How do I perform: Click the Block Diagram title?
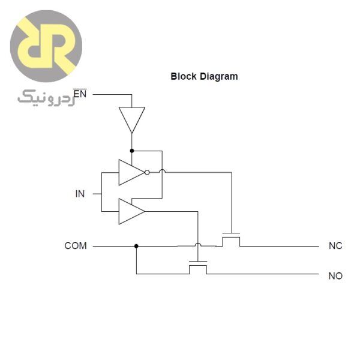204,76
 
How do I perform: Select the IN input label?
80,193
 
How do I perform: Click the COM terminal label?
76,245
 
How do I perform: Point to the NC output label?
335,245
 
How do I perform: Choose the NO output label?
335,275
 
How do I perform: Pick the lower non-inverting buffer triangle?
130,211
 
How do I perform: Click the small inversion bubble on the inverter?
147,172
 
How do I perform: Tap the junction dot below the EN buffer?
131,151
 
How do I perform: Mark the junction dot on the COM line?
136,245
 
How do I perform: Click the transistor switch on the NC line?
231,240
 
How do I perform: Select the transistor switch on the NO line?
197,268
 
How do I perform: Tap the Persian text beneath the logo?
45,96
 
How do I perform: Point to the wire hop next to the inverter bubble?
162,172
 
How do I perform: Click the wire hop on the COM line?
197,245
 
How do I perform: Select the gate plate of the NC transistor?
231,233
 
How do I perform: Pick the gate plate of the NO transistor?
197,262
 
